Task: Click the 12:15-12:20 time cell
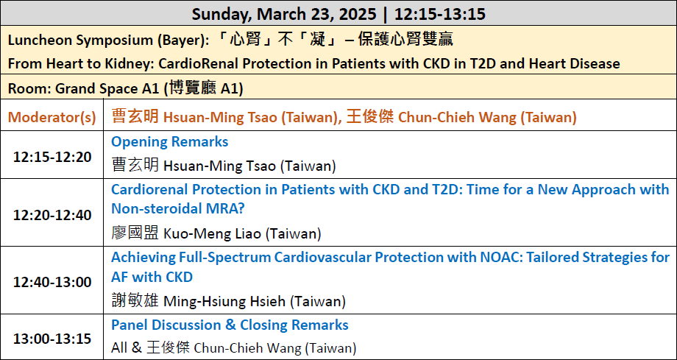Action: pyautogui.click(x=52, y=157)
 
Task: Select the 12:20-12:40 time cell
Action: pyautogui.click(x=52, y=215)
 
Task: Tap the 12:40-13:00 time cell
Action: pyautogui.click(x=52, y=282)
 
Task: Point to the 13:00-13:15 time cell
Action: pyautogui.click(x=52, y=339)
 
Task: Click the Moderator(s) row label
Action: pyautogui.click(x=52, y=118)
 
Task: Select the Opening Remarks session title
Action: pyautogui.click(x=170, y=142)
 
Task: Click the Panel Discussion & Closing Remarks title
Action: pyautogui.click(x=230, y=325)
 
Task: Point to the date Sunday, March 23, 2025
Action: pyautogui.click(x=284, y=14)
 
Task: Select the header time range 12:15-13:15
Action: pyautogui.click(x=440, y=14)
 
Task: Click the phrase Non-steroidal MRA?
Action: pyautogui.click(x=178, y=209)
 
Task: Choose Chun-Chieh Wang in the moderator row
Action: pyautogui.click(x=457, y=118)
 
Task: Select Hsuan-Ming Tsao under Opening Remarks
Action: pyautogui.click(x=219, y=166)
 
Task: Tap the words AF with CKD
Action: pyautogui.click(x=152, y=277)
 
